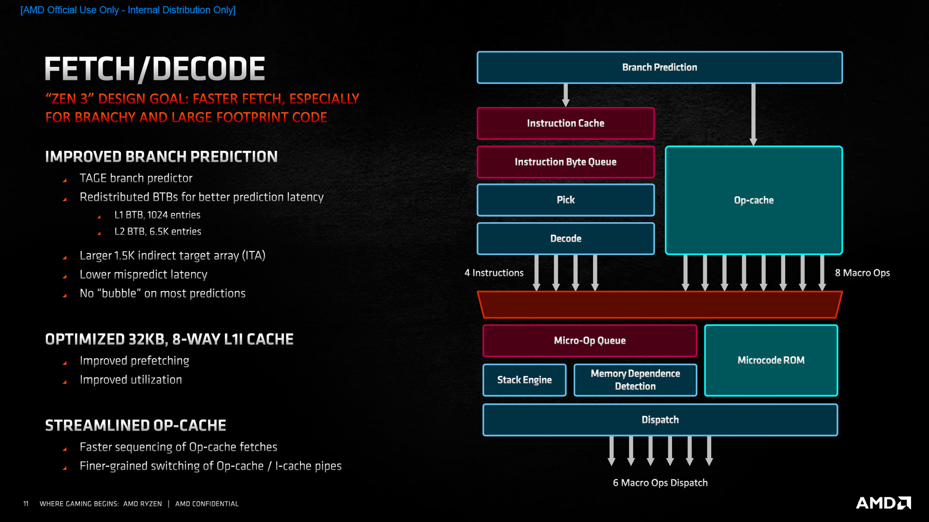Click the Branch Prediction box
659,68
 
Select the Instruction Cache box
565,123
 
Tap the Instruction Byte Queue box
565,162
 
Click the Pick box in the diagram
565,200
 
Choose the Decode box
565,238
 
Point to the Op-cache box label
753,200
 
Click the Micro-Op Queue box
589,341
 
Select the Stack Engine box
524,380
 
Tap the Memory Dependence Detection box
635,380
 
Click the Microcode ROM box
771,360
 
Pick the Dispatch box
660,420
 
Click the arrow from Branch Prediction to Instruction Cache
566,95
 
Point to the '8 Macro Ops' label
862,273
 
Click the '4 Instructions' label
494,273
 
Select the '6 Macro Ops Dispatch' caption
660,483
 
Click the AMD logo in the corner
883,503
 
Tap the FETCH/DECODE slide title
155,69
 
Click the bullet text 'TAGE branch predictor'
136,178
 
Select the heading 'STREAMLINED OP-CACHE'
135,425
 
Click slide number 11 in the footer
26,504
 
